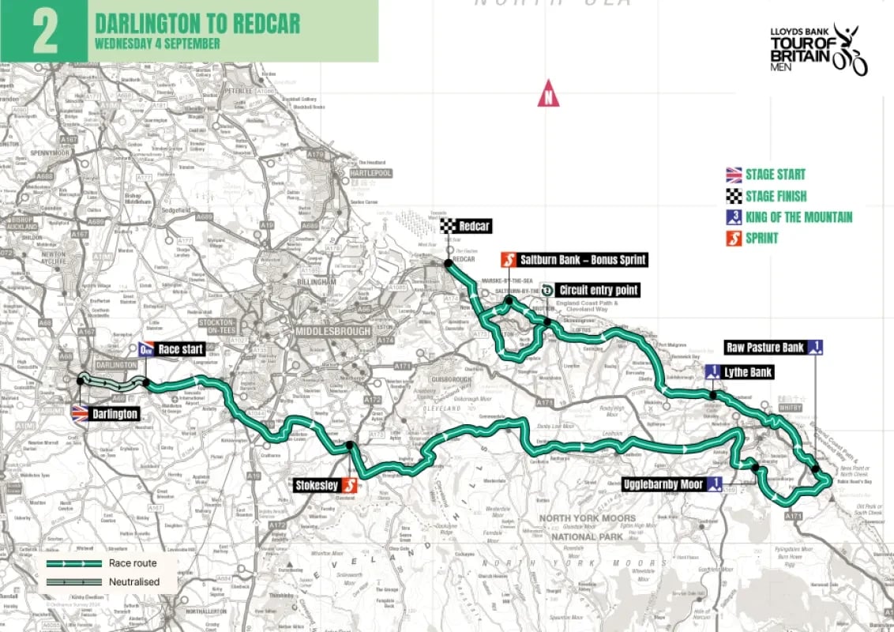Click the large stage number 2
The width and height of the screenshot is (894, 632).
pyautogui.click(x=46, y=31)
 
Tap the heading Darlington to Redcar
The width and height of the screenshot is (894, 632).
pyautogui.click(x=197, y=23)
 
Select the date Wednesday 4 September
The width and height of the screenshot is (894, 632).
pyautogui.click(x=157, y=43)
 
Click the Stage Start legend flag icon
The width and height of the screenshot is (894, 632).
pyautogui.click(x=734, y=175)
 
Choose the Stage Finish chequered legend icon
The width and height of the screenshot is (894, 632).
pyautogui.click(x=734, y=196)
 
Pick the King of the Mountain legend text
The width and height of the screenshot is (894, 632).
pyautogui.click(x=798, y=217)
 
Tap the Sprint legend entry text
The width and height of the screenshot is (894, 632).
pyautogui.click(x=761, y=238)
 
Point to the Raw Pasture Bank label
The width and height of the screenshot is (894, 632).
pyautogui.click(x=765, y=347)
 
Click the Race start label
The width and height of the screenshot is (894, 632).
pyautogui.click(x=181, y=349)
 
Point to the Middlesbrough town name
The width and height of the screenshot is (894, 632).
pyautogui.click(x=333, y=332)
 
